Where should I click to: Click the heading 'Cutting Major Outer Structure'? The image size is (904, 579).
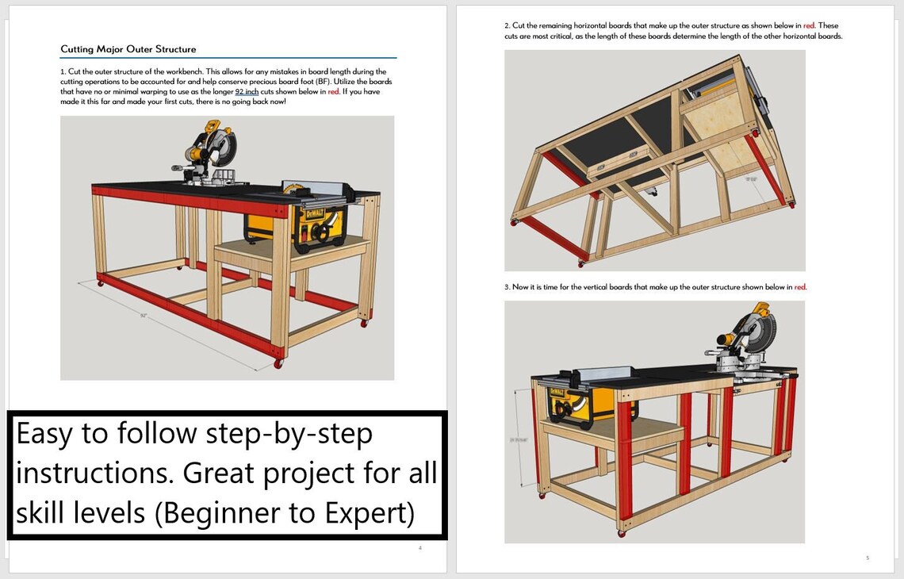(x=128, y=49)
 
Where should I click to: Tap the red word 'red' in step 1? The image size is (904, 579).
(x=333, y=92)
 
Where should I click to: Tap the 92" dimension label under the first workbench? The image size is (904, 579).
(x=144, y=316)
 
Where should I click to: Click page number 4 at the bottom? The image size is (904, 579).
(x=419, y=547)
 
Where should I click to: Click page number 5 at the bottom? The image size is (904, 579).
(x=867, y=558)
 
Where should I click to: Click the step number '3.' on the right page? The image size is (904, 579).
(x=508, y=287)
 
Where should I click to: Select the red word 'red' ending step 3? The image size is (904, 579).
(x=799, y=287)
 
